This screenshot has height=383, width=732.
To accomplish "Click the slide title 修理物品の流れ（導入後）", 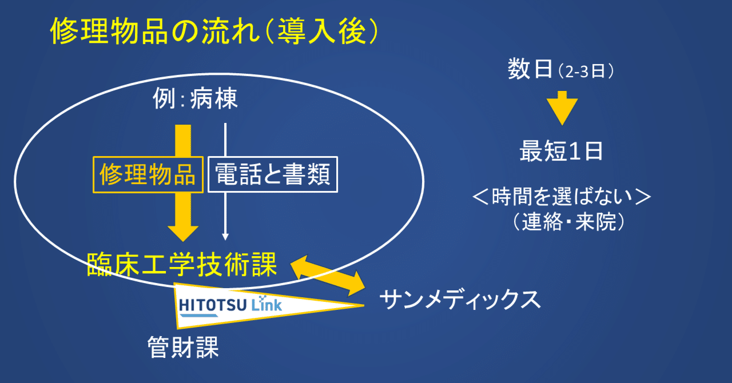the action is tap(214, 31).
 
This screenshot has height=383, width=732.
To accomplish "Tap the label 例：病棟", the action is tap(195, 98).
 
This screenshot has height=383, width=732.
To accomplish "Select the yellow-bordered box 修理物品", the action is tap(148, 174).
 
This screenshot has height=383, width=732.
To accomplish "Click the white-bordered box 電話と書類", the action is tap(273, 174).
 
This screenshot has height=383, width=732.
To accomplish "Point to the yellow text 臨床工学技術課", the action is tap(182, 265).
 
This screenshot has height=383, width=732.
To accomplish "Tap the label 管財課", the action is tap(183, 347).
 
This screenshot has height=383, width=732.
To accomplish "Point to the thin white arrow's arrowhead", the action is tap(225, 237).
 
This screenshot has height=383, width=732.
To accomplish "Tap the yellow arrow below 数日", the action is tap(562, 108).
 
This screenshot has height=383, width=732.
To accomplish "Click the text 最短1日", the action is tap(561, 151).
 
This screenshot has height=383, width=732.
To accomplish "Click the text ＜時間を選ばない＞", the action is tap(562, 197).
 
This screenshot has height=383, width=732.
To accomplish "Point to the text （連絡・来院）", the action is tap(568, 222).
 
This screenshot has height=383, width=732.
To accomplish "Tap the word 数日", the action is tap(530, 69).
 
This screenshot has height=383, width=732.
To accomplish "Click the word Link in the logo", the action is tap(266, 304).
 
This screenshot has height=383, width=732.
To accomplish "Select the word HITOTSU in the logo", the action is tap(212, 305).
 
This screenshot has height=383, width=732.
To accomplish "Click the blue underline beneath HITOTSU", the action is tap(199, 316).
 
